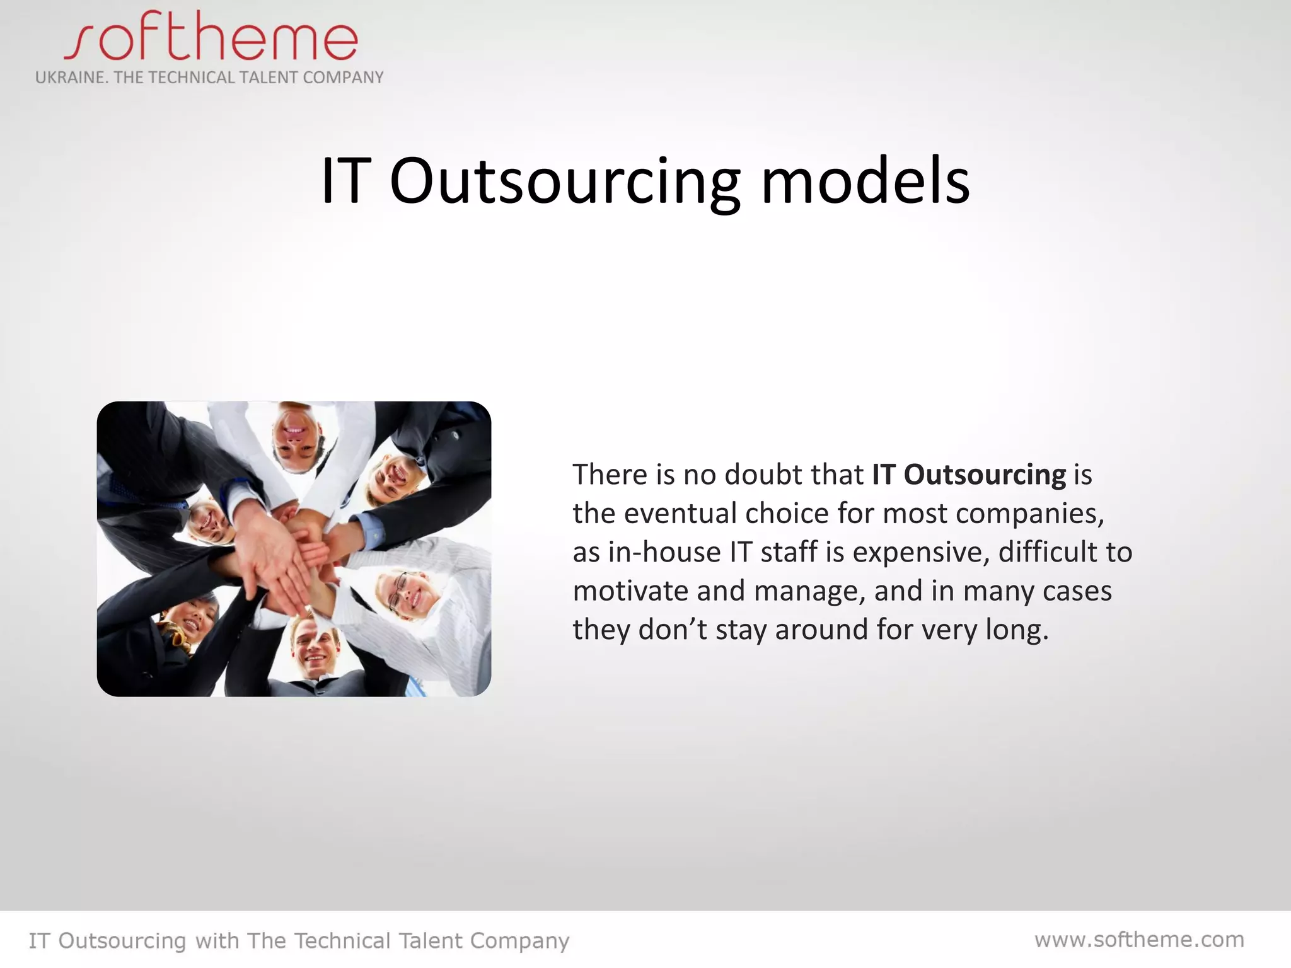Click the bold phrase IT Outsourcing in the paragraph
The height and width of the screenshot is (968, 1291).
click(x=968, y=475)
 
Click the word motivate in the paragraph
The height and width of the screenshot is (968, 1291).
click(x=630, y=591)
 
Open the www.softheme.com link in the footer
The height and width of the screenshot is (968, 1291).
click(x=1139, y=940)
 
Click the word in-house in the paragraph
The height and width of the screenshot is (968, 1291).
click(x=664, y=552)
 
